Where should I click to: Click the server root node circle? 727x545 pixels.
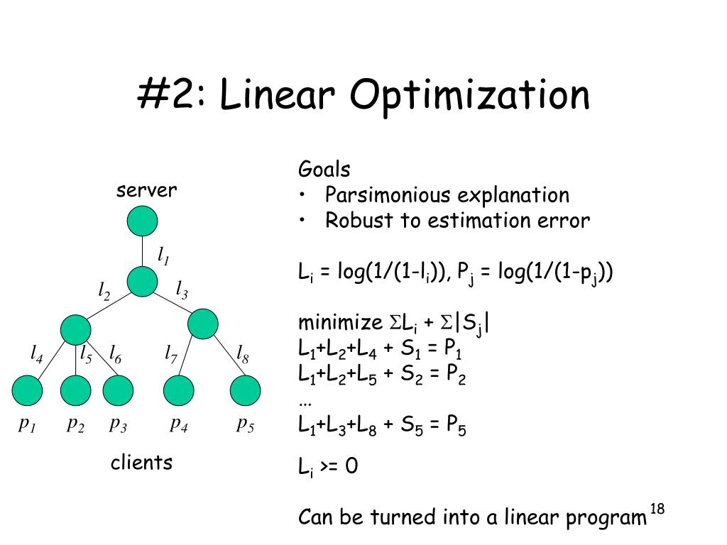click(x=142, y=221)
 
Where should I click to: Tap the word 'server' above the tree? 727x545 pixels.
click(x=147, y=190)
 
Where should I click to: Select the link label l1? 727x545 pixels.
click(x=163, y=255)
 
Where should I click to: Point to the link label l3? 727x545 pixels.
click(x=182, y=290)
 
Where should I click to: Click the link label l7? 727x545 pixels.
click(x=170, y=353)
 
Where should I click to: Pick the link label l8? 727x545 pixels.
click(x=242, y=353)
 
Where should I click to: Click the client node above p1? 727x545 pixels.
click(x=28, y=390)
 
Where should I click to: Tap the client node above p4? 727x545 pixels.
click(x=178, y=390)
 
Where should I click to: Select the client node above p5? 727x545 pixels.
click(x=246, y=390)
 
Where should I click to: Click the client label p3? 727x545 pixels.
click(x=118, y=424)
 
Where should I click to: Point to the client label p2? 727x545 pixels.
click(x=76, y=424)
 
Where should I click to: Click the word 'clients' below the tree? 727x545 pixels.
click(x=141, y=463)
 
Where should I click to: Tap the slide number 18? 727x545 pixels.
click(x=657, y=509)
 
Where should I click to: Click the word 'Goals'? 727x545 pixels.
click(x=324, y=170)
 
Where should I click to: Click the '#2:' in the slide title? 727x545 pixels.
click(x=172, y=97)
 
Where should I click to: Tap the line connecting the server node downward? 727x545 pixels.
click(x=142, y=251)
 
